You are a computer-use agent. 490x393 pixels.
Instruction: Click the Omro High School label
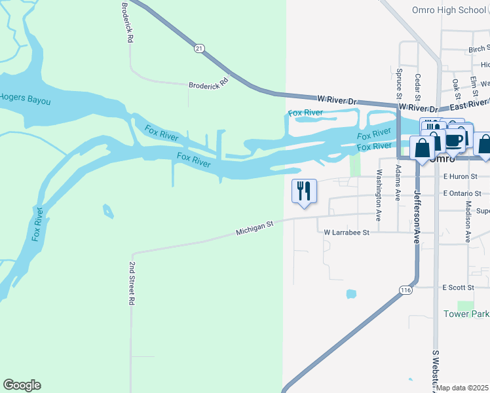pyautogui.click(x=449, y=10)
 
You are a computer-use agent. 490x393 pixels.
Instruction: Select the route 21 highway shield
pyautogui.click(x=199, y=48)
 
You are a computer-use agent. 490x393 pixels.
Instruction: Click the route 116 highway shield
pyautogui.click(x=406, y=290)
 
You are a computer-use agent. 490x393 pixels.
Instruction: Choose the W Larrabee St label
pyautogui.click(x=347, y=232)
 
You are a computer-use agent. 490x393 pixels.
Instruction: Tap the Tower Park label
pyautogui.click(x=466, y=314)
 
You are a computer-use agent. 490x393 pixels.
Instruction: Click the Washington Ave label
pyautogui.click(x=379, y=195)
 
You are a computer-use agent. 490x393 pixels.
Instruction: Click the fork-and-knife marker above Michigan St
pyautogui.click(x=304, y=191)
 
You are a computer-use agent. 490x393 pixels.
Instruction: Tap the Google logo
pyautogui.click(x=22, y=385)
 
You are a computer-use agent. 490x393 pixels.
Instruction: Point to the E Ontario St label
pyautogui.click(x=462, y=193)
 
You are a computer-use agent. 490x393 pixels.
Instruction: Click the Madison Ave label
pyautogui.click(x=468, y=221)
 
